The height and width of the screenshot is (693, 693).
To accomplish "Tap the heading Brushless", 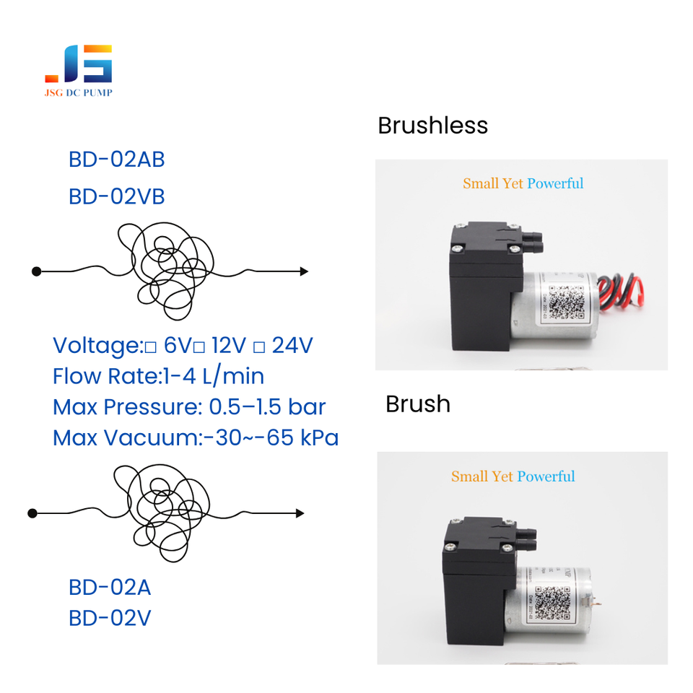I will (432, 126).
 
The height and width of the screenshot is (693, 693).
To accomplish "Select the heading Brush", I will (417, 404).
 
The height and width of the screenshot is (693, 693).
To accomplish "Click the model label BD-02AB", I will (116, 160).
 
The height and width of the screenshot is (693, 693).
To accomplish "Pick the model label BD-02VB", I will (116, 196).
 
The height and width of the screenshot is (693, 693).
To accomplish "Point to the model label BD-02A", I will (110, 588).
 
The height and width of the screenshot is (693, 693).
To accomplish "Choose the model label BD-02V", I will (110, 619).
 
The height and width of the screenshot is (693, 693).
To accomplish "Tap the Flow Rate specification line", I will (158, 376).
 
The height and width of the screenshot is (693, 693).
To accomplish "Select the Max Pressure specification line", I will (189, 407).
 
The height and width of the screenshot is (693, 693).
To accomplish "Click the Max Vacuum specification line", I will (196, 437).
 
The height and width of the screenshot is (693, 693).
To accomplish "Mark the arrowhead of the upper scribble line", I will (304, 271).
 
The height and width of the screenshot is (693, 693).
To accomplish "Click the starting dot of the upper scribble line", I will (36, 271).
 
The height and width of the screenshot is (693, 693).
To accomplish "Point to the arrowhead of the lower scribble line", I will (300, 513).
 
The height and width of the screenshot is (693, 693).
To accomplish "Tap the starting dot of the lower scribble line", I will (32, 513).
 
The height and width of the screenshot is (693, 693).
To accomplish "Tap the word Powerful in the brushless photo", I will (555, 183).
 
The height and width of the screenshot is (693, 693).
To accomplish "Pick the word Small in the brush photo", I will (466, 476).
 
